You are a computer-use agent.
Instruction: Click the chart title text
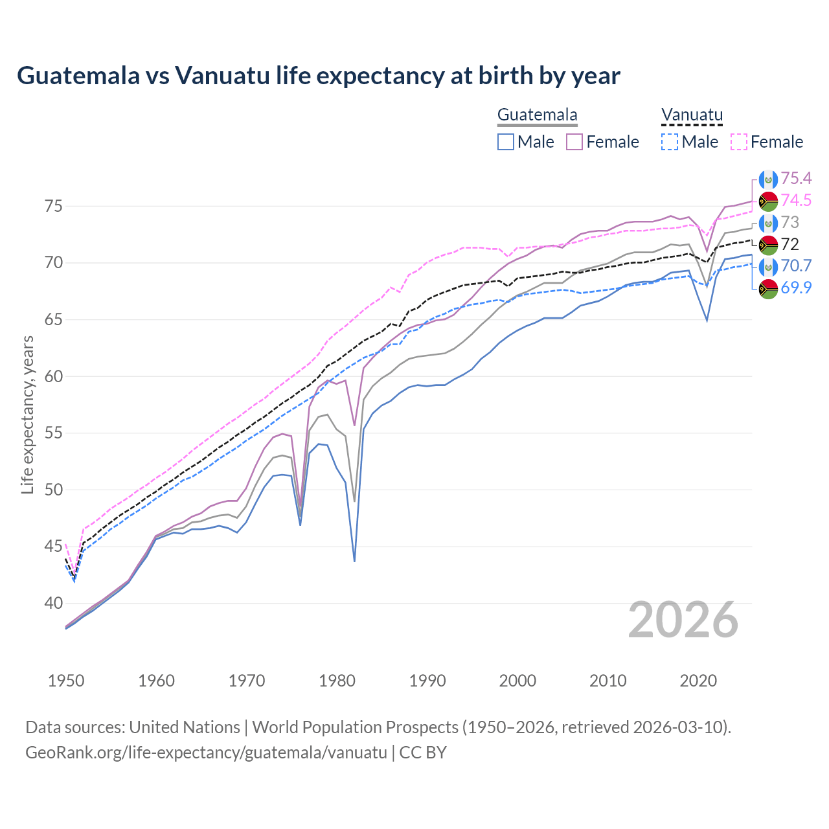[319, 76]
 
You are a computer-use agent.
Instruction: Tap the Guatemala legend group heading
[537, 115]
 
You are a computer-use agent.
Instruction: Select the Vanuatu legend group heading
[692, 115]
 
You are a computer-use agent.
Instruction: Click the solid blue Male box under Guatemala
[506, 142]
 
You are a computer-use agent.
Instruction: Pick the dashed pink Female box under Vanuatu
[739, 142]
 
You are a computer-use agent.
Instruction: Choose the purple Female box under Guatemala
[574, 142]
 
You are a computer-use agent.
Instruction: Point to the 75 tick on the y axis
[53, 207]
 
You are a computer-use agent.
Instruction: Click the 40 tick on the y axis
[53, 603]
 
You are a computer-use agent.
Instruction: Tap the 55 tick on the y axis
[53, 433]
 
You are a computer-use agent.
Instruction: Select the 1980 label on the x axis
[337, 681]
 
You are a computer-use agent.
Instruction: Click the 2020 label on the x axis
[698, 681]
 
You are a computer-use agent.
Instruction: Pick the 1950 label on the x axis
[66, 681]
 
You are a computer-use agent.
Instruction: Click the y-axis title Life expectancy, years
[27, 414]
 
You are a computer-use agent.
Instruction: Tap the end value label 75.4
[796, 178]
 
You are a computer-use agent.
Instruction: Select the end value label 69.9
[796, 288]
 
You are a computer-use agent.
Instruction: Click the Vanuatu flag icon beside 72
[768, 245]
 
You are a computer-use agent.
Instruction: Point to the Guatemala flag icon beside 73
[768, 223]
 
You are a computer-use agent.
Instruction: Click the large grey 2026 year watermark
[683, 620]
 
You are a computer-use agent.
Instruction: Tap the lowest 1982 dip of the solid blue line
[354, 561]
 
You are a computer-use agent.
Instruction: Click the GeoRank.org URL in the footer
[206, 753]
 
